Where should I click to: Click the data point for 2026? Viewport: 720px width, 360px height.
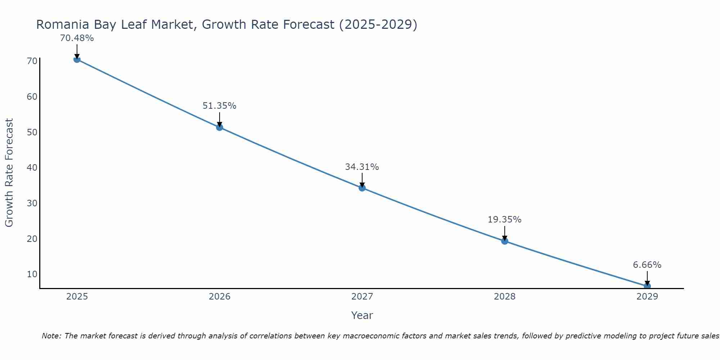(x=220, y=127)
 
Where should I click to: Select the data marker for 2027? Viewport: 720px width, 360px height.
(x=362, y=188)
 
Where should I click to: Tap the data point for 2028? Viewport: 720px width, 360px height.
(x=505, y=241)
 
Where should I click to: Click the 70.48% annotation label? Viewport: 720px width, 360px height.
(x=77, y=38)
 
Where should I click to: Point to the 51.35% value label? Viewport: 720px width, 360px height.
(x=219, y=106)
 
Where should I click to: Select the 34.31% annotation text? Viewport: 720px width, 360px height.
(x=362, y=167)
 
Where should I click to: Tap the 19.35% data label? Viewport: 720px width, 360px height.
(x=504, y=220)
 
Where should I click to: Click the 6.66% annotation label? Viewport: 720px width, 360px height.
(x=647, y=265)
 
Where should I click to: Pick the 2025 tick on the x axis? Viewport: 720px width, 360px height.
(x=77, y=297)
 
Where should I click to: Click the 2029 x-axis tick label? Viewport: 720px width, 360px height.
(x=647, y=297)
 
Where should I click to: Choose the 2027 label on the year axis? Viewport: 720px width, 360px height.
(x=362, y=297)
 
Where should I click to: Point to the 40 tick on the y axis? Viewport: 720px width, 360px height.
(x=32, y=168)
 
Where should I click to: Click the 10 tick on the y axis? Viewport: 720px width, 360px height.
(x=32, y=274)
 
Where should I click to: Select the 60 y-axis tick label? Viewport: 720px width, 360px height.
(x=32, y=97)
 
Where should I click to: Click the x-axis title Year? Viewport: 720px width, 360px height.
(x=362, y=315)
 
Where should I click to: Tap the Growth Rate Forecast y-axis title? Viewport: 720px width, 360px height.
(x=9, y=173)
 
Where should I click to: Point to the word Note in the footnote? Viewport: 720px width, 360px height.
(x=52, y=336)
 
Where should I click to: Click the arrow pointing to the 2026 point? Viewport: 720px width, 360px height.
(x=220, y=119)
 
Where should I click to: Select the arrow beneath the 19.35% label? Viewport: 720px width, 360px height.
(x=505, y=233)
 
